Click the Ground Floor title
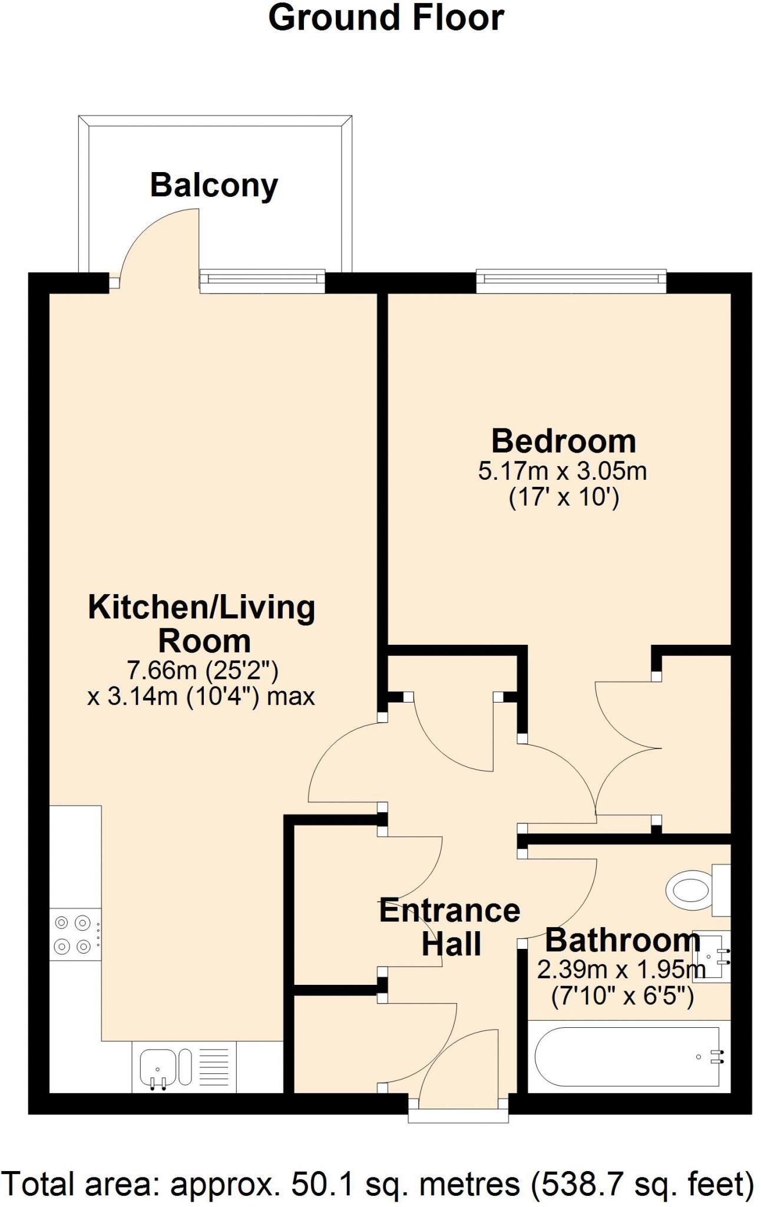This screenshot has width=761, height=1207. (386, 18)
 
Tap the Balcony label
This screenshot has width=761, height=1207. (214, 186)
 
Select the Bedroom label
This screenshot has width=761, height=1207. (564, 441)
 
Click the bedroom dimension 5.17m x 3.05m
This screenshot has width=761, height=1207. (563, 471)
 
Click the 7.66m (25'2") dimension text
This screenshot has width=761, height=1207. (203, 670)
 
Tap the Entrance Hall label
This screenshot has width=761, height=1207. (450, 927)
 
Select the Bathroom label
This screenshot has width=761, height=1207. (622, 940)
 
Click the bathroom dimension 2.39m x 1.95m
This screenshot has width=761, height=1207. (621, 969)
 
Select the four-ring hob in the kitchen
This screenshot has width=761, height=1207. (75, 935)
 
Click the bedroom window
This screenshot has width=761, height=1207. (571, 281)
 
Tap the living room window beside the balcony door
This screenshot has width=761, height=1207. (262, 281)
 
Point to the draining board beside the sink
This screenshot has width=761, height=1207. (214, 1067)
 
